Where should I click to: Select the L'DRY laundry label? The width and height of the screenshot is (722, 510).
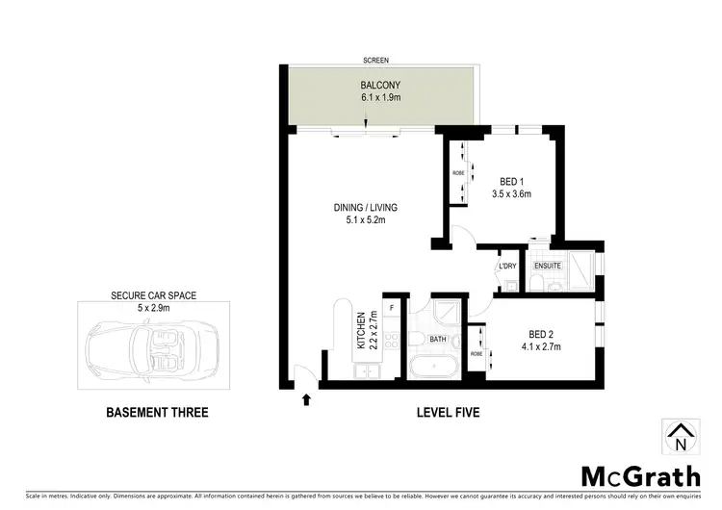pyautogui.click(x=507, y=267)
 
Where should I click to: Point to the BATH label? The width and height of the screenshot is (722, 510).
pyautogui.click(x=437, y=340)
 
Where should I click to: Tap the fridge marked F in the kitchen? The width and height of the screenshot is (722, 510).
pyautogui.click(x=392, y=307)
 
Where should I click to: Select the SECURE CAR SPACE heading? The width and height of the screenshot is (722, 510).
pyautogui.click(x=154, y=295)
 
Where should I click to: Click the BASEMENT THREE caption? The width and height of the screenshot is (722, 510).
pyautogui.click(x=156, y=413)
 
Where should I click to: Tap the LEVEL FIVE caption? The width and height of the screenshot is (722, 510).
pyautogui.click(x=448, y=413)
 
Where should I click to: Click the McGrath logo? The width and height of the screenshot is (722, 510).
pyautogui.click(x=640, y=476)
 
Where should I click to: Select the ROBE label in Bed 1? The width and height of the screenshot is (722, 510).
pyautogui.click(x=458, y=173)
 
